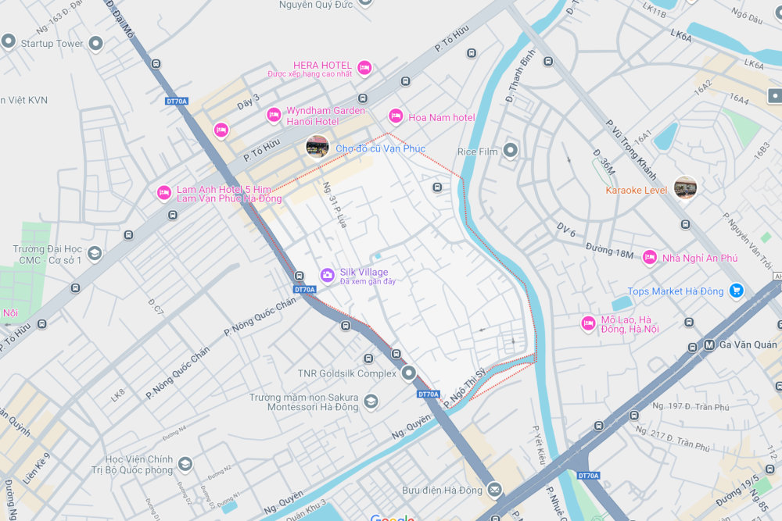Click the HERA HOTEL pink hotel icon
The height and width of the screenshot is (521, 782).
[364, 69]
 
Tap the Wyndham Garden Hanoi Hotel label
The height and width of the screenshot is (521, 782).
[325, 116]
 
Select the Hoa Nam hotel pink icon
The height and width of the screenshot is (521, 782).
[396, 116]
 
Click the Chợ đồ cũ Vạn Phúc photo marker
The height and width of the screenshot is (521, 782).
[317, 147]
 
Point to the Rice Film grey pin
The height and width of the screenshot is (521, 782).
[511, 150]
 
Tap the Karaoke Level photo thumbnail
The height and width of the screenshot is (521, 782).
[685, 187]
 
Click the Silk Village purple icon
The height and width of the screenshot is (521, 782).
[327, 275]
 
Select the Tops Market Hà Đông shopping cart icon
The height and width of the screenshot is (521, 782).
[735, 291]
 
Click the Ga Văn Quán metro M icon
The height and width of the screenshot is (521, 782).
[709, 344]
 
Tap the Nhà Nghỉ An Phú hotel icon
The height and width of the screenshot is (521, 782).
[649, 257]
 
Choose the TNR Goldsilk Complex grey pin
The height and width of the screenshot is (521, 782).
[409, 373]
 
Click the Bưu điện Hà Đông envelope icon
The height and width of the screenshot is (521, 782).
[494, 490]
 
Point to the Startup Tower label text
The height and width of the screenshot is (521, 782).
[52, 44]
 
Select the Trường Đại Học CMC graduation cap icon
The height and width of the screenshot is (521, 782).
[94, 253]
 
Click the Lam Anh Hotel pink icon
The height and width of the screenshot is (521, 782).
[163, 193]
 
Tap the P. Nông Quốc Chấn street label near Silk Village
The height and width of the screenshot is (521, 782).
[260, 318]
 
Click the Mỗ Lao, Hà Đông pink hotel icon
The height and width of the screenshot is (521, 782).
[588, 323]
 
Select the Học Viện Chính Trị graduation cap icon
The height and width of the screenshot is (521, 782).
[185, 464]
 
